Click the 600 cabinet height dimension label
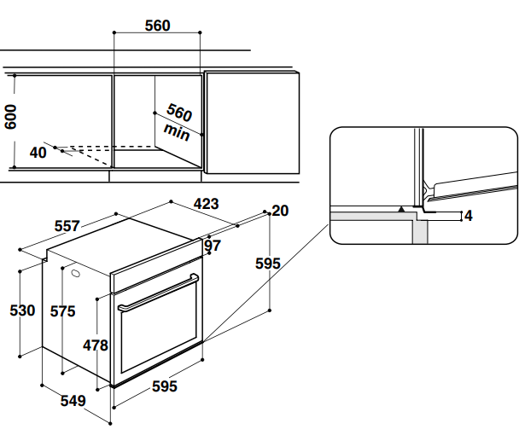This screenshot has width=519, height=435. point(10,117)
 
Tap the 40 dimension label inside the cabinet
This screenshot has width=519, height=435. point(38,153)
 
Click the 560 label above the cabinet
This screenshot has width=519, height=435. point(157,26)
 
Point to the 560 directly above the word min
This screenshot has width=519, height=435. point(179,113)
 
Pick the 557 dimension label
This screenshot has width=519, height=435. point(67,226)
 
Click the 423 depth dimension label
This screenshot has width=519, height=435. point(206,204)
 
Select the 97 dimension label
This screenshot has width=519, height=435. point(213,246)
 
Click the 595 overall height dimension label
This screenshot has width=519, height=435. point(268,264)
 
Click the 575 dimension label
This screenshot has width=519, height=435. point(62,311)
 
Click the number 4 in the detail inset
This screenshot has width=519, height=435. point(468,216)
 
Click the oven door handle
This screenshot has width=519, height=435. point(158,293)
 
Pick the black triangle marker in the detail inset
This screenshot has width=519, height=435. point(400,207)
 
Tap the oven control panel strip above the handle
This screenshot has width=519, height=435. point(158,264)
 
